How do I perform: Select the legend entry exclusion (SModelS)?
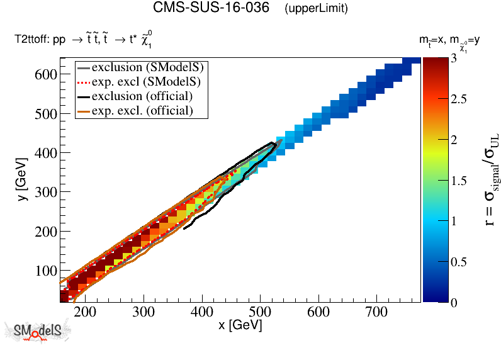(150, 67)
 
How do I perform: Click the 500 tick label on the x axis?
(260, 312)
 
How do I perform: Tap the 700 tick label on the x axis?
(376, 312)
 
